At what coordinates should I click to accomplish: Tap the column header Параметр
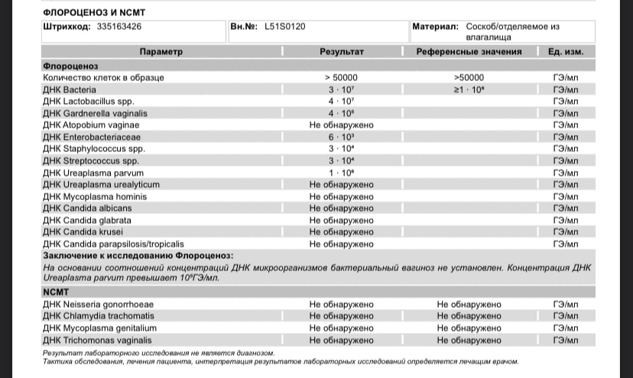[x=161, y=52]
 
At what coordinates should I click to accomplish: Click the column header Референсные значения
[x=469, y=52]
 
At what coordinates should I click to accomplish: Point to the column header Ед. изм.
[x=565, y=52]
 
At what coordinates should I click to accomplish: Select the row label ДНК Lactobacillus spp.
[x=85, y=101]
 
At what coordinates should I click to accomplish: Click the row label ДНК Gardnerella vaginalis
[x=94, y=113]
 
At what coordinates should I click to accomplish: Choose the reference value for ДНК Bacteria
[x=469, y=89]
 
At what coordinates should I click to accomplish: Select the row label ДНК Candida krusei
[x=83, y=231]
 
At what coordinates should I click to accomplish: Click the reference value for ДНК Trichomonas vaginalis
[x=469, y=339]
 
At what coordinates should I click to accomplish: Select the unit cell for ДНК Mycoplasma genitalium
[x=565, y=327]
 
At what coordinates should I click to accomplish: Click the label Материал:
[x=435, y=26]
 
